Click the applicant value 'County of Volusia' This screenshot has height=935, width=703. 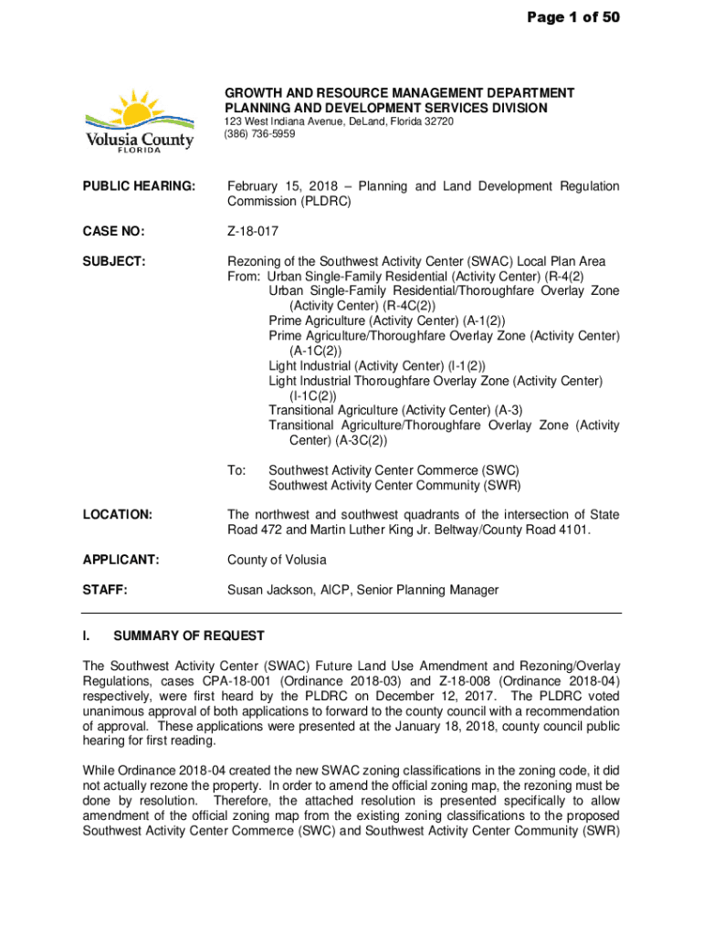pyautogui.click(x=277, y=560)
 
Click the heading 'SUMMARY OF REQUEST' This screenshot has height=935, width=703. pyautogui.click(x=188, y=636)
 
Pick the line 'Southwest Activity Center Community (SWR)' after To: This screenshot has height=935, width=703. pyautogui.click(x=394, y=485)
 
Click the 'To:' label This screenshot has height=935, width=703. pyautogui.click(x=236, y=470)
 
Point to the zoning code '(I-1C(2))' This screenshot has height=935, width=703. pyautogui.click(x=313, y=395)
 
